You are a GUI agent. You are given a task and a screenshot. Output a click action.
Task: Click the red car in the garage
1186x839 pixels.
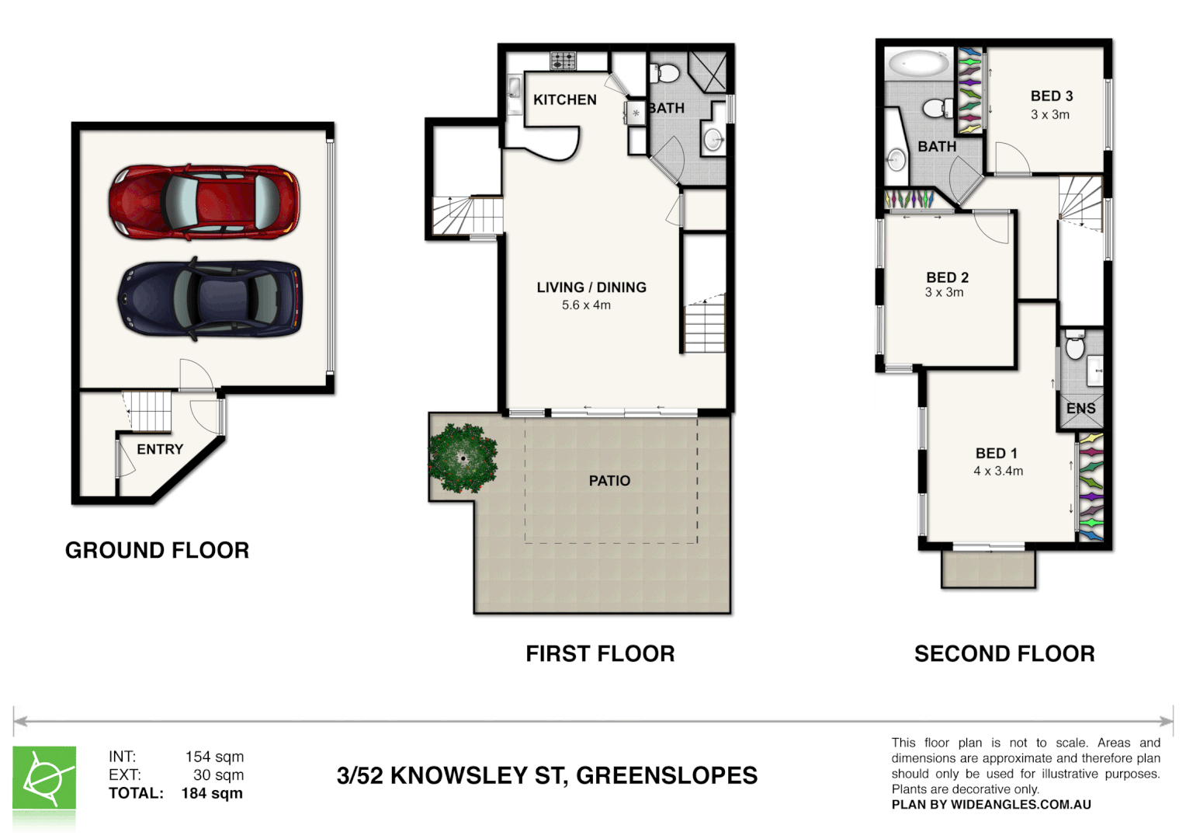click(203, 200)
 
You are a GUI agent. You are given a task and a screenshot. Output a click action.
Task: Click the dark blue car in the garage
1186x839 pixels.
click(210, 299)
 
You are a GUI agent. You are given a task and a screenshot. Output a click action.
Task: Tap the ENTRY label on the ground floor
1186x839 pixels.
click(160, 449)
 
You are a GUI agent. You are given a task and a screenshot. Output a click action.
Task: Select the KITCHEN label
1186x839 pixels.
click(564, 99)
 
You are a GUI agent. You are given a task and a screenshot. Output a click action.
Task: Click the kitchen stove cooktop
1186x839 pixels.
click(563, 60)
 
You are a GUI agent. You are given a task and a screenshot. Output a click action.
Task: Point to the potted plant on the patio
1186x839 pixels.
click(463, 458)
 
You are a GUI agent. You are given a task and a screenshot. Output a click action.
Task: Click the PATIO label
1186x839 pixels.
click(609, 481)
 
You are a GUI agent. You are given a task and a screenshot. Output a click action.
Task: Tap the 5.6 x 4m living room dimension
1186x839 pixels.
click(586, 305)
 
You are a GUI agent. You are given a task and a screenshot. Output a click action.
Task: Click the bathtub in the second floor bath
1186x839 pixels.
click(919, 63)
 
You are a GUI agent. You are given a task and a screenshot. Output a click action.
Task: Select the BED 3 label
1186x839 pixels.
click(1052, 96)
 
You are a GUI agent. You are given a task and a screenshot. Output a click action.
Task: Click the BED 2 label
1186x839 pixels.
click(947, 277)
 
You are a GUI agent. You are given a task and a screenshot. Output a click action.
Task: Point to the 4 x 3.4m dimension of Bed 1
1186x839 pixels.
click(998, 471)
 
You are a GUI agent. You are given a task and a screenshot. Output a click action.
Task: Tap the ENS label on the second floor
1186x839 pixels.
click(1080, 408)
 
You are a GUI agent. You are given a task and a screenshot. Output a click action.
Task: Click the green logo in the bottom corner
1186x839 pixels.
click(44, 778)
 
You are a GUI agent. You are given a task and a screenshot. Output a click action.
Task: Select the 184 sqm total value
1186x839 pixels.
click(212, 793)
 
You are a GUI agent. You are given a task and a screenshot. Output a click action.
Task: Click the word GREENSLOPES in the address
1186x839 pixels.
click(667, 775)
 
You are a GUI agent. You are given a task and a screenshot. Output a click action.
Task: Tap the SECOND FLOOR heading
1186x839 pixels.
click(1004, 653)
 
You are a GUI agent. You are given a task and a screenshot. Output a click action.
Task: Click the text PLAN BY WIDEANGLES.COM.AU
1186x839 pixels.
click(991, 805)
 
